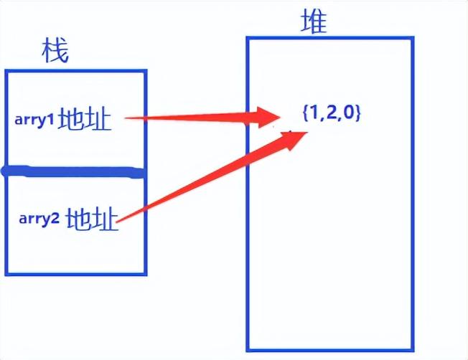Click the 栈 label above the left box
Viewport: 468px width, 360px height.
tap(55, 51)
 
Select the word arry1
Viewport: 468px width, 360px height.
tap(34, 119)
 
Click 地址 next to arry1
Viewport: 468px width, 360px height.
tap(85, 119)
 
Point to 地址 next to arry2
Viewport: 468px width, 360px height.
tap(91, 218)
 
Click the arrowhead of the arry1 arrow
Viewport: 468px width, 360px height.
tap(271, 115)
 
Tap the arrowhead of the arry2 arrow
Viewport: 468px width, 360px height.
tap(291, 140)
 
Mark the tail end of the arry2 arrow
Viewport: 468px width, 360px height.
tap(118, 219)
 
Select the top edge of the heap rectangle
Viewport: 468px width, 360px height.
tap(330, 38)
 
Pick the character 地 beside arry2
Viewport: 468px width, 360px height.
tap(78, 218)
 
